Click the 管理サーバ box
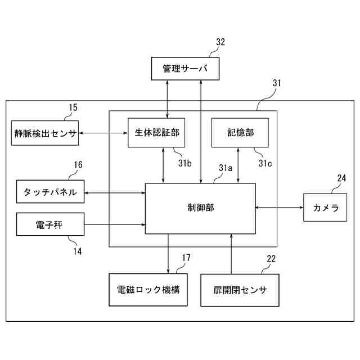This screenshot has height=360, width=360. pos(185,69)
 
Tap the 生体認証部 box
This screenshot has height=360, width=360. pos(156,133)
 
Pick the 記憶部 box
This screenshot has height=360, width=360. pos(240,133)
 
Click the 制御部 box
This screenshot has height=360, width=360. pos(200,208)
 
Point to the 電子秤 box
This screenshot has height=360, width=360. pos(51,226)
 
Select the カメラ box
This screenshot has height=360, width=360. pos(326,208)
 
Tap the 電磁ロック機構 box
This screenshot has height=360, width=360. pos(147,290)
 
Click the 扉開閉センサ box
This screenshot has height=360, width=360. pos(240,290)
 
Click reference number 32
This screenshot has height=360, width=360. pos(220,42)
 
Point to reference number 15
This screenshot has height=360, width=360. pos(73,107)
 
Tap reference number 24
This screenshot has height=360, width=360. pos(341,178)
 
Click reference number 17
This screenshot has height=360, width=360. pos(186,258)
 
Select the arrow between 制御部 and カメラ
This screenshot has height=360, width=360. pos(280,208)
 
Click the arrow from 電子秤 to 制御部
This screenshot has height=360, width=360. pos(115,226)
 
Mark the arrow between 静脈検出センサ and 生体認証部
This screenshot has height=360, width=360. pos(103,133)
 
